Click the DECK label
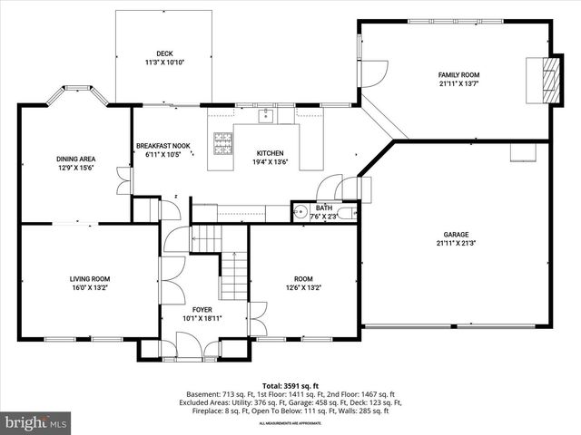(163, 54)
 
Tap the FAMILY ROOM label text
(458, 75)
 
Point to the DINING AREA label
(75, 159)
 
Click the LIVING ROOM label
(89, 279)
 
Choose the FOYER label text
(202, 310)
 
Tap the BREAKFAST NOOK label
(162, 145)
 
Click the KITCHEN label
(270, 153)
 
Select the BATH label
(323, 208)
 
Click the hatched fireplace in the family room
(546, 81)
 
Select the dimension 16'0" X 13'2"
(89, 288)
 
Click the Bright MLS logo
(36, 422)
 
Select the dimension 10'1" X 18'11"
(202, 319)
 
